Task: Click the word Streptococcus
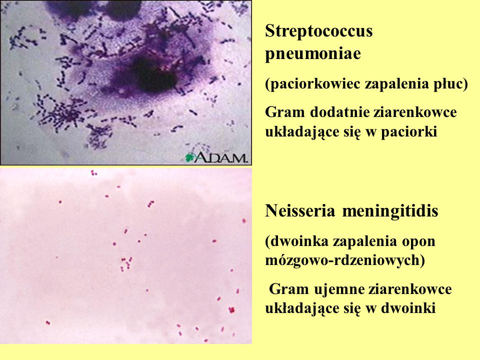click(319, 31)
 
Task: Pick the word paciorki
click(408, 132)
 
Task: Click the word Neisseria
click(299, 211)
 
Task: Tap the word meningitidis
click(390, 211)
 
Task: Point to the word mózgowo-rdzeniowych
click(345, 260)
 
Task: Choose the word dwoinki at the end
click(408, 308)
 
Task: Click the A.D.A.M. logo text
click(220, 157)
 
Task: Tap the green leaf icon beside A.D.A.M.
click(190, 157)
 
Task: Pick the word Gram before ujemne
click(288, 289)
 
